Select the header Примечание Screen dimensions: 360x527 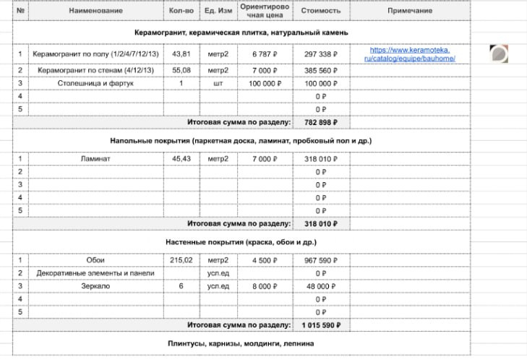(409, 11)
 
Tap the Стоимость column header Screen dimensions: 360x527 (320, 11)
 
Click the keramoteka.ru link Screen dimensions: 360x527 (409, 53)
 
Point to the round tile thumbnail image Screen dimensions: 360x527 (498, 53)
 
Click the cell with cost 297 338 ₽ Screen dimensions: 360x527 (320, 54)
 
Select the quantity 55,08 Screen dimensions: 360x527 (181, 71)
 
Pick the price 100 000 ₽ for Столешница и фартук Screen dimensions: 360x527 (265, 84)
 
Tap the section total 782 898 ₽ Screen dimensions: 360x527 (320, 122)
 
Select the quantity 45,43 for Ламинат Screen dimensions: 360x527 (181, 158)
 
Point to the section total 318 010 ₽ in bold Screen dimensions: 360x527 (320, 224)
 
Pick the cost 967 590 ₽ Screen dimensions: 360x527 (320, 260)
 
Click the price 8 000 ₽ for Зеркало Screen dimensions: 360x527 (265, 286)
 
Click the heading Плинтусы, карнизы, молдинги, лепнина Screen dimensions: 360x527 (241, 344)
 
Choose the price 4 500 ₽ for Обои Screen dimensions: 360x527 (265, 260)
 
